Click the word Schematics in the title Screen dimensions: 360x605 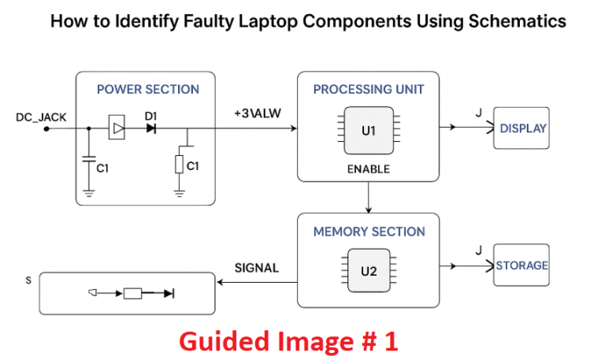pos(516,21)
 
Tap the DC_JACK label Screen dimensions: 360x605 pos(41,117)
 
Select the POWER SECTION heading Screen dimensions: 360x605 pos(147,89)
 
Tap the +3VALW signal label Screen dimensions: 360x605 pos(256,114)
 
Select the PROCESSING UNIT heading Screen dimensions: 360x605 pos(368,89)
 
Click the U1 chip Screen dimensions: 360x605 pos(369,131)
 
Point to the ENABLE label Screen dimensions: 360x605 pos(368,169)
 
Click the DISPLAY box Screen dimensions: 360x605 pos(522,128)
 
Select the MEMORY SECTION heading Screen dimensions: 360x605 pos(369,232)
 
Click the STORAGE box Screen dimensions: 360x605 pos(521,266)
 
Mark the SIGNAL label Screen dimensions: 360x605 pos(257,268)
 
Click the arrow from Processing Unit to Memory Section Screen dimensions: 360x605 pos(369,197)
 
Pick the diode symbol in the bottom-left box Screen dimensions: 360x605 pos(169,294)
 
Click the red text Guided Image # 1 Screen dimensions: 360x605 pos(288,341)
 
